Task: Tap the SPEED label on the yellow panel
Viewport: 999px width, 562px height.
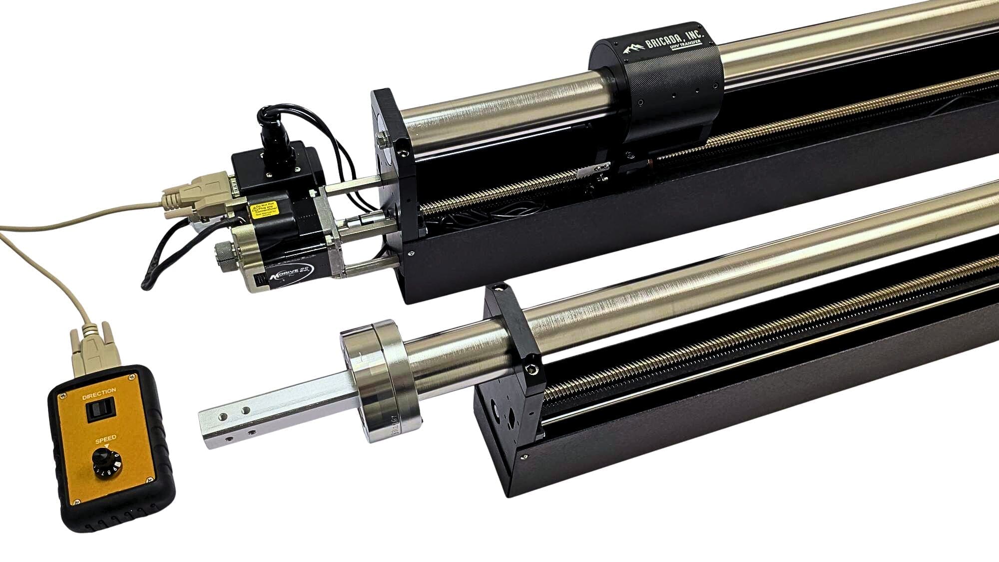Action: click(x=106, y=438)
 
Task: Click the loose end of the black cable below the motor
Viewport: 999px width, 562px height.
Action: click(x=146, y=285)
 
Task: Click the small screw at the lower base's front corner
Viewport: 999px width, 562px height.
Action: click(x=523, y=455)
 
